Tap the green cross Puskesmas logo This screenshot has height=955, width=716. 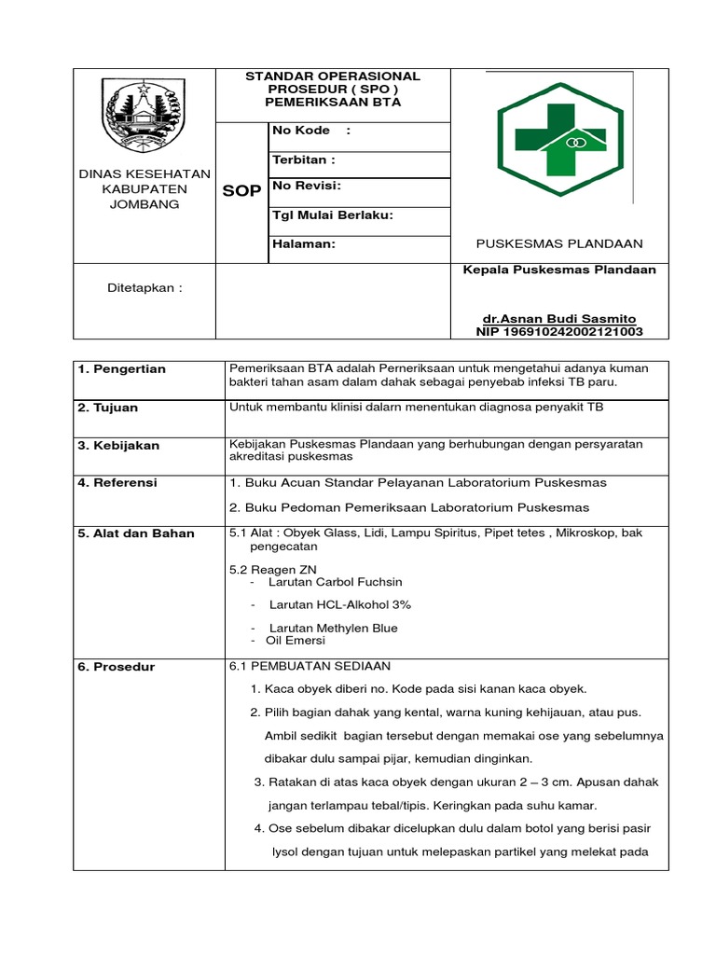coord(559,141)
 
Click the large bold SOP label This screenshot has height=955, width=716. coord(242,191)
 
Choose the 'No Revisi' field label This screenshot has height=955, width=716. coord(307,186)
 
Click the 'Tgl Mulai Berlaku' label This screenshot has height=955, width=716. coord(332,215)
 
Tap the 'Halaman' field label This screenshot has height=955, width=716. coord(303,244)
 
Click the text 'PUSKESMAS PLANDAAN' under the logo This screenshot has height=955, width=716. coord(559,244)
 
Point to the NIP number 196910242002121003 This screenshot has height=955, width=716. coord(559,331)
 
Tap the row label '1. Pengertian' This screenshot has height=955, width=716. coord(122,369)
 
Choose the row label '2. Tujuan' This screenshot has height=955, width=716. coord(108,408)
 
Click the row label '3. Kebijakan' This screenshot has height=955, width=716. coord(119,446)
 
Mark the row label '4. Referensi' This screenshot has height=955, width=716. coord(118,483)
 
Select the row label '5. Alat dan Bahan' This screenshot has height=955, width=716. coord(136,533)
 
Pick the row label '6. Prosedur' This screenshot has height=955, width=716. coord(117,668)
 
